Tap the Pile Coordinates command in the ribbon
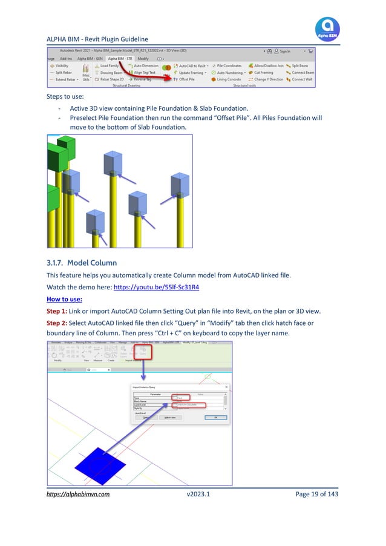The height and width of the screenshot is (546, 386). (228, 65)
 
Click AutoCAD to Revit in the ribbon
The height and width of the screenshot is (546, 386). (192, 65)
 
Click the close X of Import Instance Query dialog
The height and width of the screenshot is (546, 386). (226, 386)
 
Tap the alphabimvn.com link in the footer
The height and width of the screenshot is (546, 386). (78, 495)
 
